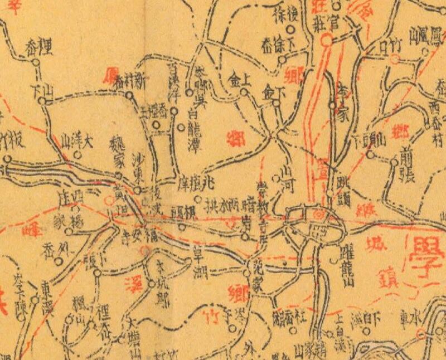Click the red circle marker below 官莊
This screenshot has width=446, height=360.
click(328, 40)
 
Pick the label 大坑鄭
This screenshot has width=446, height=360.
click(162, 274)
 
